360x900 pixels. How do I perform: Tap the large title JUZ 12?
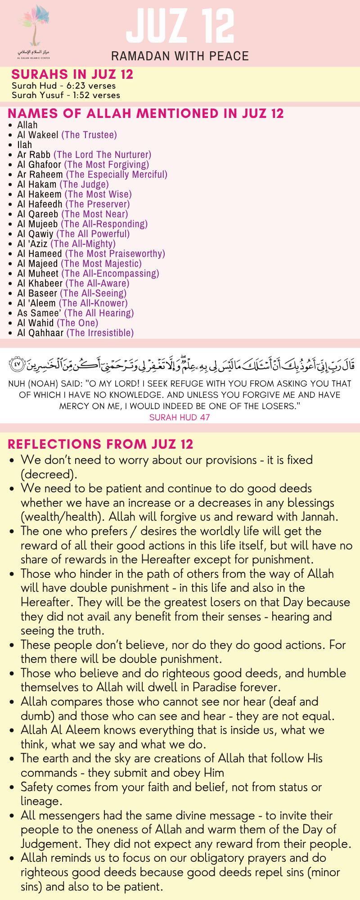[x=180, y=26]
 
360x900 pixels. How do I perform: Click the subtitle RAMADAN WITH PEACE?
[x=180, y=56]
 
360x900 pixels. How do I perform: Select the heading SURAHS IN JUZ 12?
[x=72, y=74]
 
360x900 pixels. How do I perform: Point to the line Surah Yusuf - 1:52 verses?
[x=66, y=95]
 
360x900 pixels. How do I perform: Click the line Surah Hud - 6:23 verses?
[x=63, y=85]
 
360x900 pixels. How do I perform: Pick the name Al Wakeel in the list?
[x=38, y=135]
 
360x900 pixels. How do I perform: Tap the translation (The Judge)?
[x=84, y=184]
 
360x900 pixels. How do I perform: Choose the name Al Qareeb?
[x=38, y=214]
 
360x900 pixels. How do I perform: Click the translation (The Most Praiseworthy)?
[x=115, y=254]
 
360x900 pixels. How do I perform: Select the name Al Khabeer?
[x=40, y=283]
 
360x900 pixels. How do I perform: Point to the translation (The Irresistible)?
[x=100, y=333]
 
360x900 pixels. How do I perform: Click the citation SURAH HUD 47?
[x=180, y=417]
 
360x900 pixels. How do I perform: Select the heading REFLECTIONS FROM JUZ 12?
[x=100, y=444]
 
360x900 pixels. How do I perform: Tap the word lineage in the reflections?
[x=40, y=801]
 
